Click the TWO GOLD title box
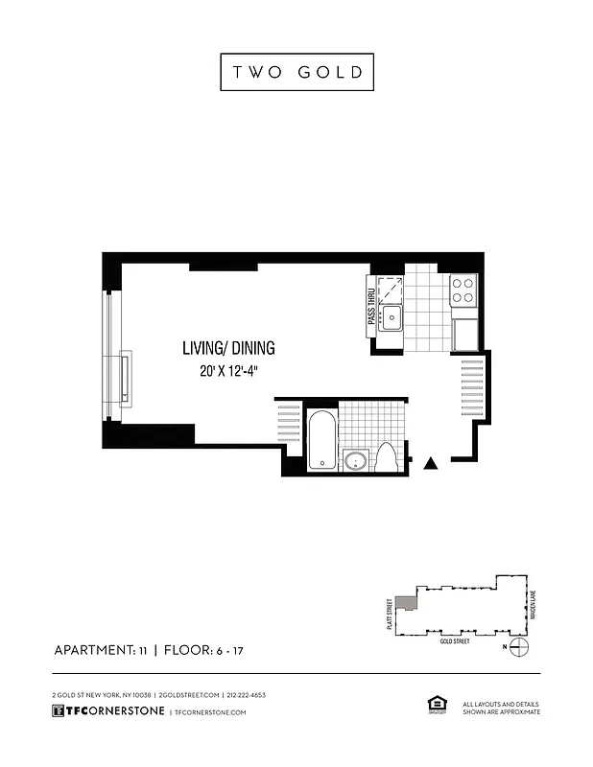[x=296, y=72]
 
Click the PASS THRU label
[x=370, y=308]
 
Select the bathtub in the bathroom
[x=321, y=439]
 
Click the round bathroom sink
[x=356, y=460]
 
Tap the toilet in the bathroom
[x=386, y=456]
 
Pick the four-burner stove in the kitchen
[x=464, y=290]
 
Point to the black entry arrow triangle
[x=432, y=463]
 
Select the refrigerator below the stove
[x=464, y=334]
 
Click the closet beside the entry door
[x=473, y=388]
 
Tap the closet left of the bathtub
[x=289, y=423]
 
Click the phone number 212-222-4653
[x=246, y=694]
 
